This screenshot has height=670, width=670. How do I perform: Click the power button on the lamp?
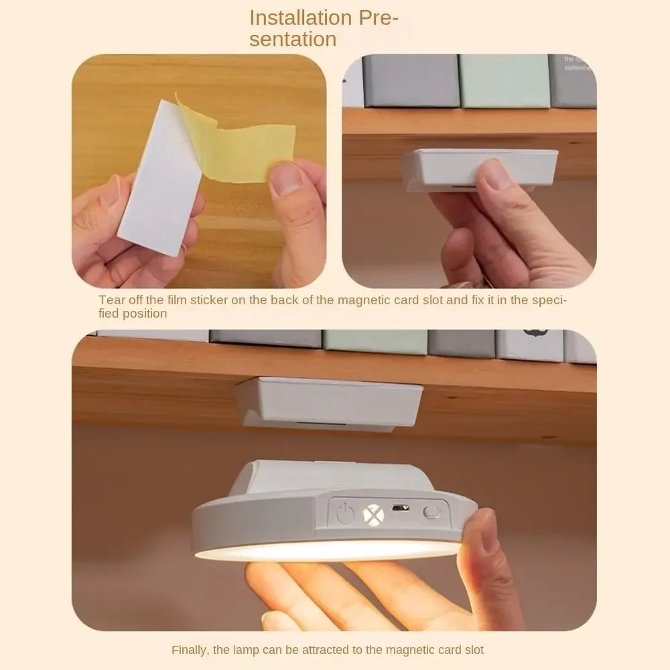[345, 515]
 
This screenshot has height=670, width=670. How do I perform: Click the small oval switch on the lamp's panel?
[432, 513]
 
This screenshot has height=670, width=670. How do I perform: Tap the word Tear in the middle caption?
[111, 299]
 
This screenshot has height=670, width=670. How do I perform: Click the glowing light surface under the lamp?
[328, 550]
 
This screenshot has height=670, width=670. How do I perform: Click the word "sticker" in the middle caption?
[208, 299]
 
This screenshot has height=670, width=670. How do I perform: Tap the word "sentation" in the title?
[293, 40]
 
